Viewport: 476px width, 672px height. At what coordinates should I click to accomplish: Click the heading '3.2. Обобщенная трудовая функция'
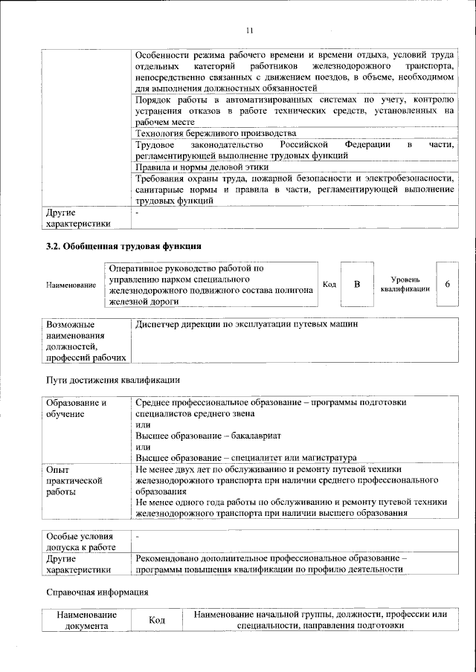click(x=123, y=245)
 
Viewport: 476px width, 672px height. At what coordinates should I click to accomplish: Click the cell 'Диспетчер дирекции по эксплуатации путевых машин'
click(x=248, y=326)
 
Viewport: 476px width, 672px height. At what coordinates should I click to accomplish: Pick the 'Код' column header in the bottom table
click(x=156, y=621)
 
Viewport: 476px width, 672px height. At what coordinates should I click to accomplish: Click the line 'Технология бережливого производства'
click(x=210, y=133)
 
